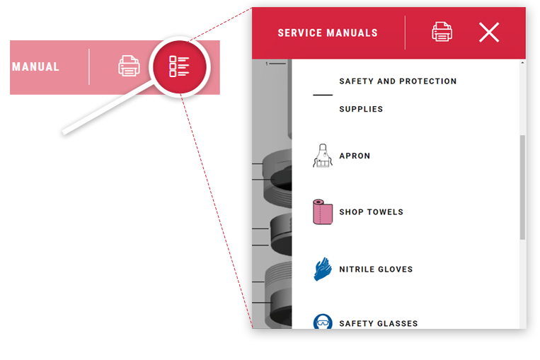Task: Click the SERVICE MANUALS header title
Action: tap(327, 33)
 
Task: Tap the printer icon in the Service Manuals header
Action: tap(442, 32)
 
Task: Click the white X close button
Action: tap(489, 32)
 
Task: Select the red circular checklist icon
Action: tap(179, 67)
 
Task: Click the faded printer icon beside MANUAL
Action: tap(129, 66)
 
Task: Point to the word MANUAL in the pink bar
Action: tap(36, 67)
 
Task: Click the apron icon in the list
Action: tap(322, 155)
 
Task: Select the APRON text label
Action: tap(355, 156)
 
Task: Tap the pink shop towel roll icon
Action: tap(322, 211)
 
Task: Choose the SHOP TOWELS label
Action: tap(371, 212)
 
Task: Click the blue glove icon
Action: tap(322, 269)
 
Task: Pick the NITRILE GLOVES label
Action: tap(376, 269)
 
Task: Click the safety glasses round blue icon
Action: tap(322, 323)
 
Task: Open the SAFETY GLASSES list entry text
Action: tap(378, 324)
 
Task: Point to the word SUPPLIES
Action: tap(361, 110)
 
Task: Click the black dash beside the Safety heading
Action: tap(322, 95)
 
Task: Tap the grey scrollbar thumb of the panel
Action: tap(522, 187)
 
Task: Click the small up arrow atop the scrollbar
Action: tap(522, 64)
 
